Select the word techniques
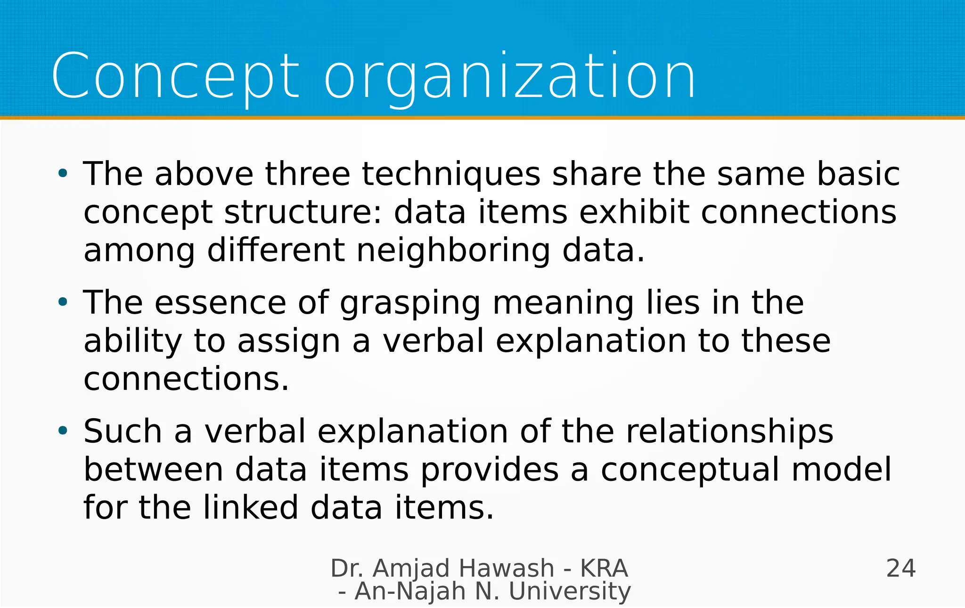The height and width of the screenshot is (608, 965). (451, 174)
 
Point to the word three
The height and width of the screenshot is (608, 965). (308, 174)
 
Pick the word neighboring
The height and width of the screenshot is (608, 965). (453, 251)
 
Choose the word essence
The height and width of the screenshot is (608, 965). (221, 303)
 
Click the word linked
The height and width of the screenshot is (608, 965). (251, 508)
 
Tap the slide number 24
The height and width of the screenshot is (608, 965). (901, 568)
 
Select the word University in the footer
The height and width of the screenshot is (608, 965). (570, 592)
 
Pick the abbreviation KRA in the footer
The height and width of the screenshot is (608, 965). (604, 568)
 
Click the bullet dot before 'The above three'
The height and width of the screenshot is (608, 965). (63, 173)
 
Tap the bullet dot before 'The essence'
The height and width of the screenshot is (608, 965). (63, 302)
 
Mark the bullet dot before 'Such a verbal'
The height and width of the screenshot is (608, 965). (63, 430)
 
